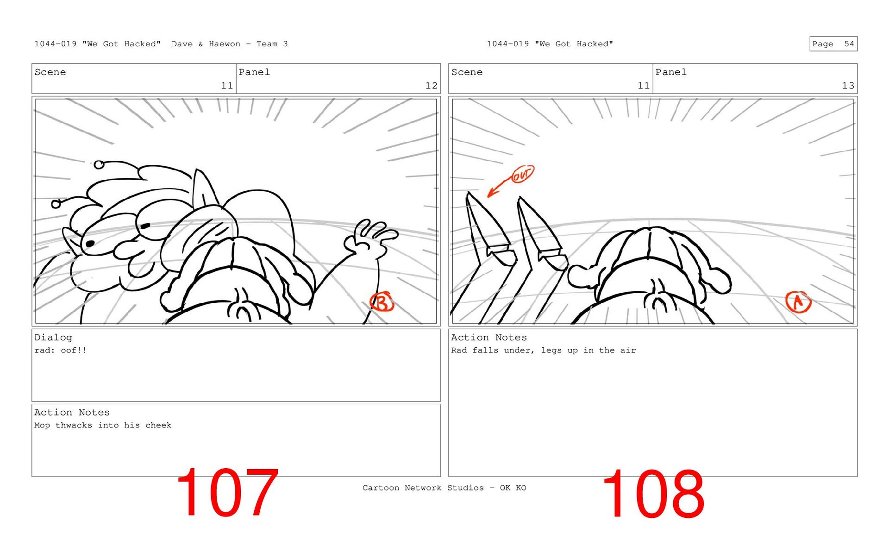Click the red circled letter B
(382, 302)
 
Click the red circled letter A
(798, 302)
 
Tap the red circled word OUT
(522, 174)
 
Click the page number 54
(849, 44)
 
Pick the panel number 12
(431, 86)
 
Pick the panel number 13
(848, 86)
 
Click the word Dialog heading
(53, 338)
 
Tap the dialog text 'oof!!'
(74, 351)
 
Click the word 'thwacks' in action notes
(74, 425)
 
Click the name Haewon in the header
(225, 44)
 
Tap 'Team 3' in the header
(272, 44)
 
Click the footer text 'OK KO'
(513, 488)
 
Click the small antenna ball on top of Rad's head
(99, 164)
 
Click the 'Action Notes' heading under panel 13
(489, 338)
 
